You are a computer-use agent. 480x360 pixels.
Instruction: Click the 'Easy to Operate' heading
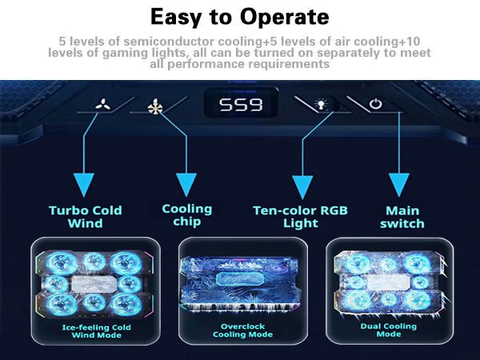pyautogui.click(x=240, y=17)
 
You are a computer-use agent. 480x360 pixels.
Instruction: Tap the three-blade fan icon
pyautogui.click(x=103, y=105)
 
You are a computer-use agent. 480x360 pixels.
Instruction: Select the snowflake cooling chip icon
pyautogui.click(x=155, y=107)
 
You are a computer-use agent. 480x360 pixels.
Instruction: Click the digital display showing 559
pyautogui.click(x=241, y=104)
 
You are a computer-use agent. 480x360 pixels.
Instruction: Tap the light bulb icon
pyautogui.click(x=321, y=104)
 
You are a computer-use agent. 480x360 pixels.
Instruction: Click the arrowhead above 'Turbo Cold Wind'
pyautogui.click(x=84, y=185)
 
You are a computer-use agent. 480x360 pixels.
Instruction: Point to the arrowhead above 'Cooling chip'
pyautogui.click(x=186, y=185)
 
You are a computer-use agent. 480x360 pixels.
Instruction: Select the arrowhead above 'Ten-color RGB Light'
pyautogui.click(x=302, y=186)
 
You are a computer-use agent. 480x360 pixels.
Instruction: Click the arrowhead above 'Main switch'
pyautogui.click(x=399, y=185)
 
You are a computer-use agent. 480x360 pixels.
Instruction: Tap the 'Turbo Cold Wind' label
pyautogui.click(x=86, y=217)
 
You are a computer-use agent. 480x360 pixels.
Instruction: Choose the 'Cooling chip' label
pyautogui.click(x=186, y=215)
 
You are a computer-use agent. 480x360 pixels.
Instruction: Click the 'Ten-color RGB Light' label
pyautogui.click(x=300, y=217)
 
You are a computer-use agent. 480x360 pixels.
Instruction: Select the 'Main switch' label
pyautogui.click(x=402, y=217)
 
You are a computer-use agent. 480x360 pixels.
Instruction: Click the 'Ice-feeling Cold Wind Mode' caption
pyautogui.click(x=97, y=331)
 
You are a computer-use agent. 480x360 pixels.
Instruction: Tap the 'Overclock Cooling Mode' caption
pyautogui.click(x=242, y=330)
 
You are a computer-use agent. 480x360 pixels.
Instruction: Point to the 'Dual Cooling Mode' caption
pyautogui.click(x=389, y=330)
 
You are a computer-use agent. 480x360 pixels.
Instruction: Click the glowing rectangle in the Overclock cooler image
pyautogui.click(x=240, y=278)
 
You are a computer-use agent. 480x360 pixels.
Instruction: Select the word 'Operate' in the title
pyautogui.click(x=284, y=17)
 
